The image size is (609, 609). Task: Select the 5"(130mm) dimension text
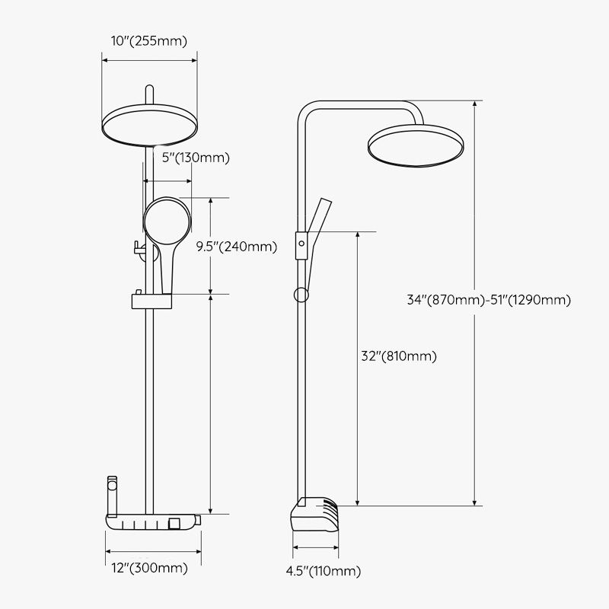196,158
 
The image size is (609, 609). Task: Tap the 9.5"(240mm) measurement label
236,246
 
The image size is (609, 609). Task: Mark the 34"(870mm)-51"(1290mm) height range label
489,299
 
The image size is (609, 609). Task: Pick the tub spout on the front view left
113,494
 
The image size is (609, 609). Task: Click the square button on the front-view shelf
175,522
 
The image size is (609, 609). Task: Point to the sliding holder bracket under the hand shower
152,301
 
